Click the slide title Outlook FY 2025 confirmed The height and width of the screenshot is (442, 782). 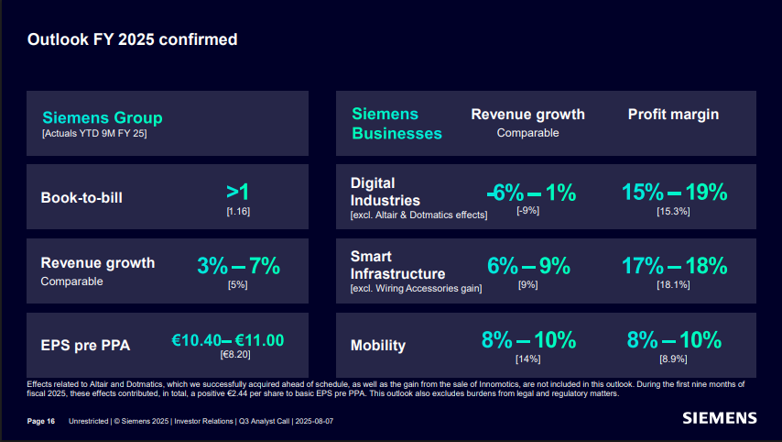132,39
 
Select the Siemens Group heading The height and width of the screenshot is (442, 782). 103,117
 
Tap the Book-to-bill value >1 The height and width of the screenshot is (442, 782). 238,192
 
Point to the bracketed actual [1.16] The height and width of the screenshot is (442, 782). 238,212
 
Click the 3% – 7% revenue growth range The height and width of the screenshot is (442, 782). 238,266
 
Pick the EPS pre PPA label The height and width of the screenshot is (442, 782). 85,346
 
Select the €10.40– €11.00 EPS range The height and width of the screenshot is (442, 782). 228,340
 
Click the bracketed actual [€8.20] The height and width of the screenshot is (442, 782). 235,354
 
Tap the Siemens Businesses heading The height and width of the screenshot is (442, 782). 396,124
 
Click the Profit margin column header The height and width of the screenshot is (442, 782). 673,115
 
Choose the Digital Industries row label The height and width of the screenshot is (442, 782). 386,192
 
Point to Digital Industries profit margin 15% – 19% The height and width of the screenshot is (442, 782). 674,192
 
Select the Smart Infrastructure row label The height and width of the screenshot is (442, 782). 397,265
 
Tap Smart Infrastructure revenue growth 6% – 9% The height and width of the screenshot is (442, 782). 528,266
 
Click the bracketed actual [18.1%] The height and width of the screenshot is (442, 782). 673,285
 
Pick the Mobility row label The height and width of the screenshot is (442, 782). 378,346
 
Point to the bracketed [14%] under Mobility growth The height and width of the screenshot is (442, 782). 528,359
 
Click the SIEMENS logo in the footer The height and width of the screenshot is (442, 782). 720,418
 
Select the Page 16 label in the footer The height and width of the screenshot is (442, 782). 41,421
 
